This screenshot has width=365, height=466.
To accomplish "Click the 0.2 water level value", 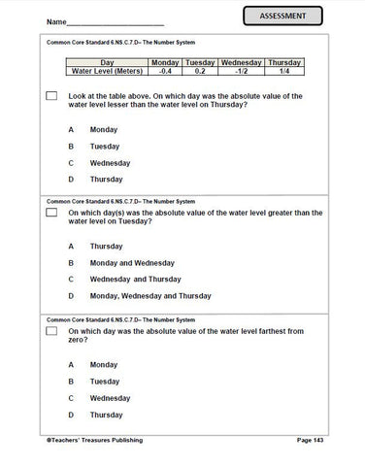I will [x=200, y=71].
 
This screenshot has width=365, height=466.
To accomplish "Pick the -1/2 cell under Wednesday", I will [x=244, y=71].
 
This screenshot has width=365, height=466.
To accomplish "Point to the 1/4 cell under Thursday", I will [x=285, y=71].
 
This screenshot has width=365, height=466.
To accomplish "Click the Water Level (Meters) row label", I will [x=101, y=71].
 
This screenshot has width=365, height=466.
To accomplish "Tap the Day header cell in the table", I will [x=101, y=62].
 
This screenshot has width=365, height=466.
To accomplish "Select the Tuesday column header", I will [x=200, y=62].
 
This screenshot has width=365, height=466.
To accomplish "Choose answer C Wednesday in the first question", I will [x=109, y=163].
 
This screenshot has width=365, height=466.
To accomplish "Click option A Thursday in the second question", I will [x=106, y=246].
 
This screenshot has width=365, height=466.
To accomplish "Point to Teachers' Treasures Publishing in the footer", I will [x=93, y=441].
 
